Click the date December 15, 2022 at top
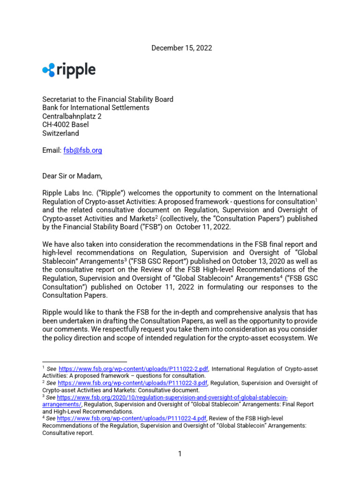pyautogui.click(x=181, y=48)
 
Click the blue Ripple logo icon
pyautogui.click(x=48, y=70)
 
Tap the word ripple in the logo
pyautogui.click(x=76, y=70)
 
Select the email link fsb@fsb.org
pyautogui.click(x=82, y=150)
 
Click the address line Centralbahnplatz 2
pyautogui.click(x=72, y=116)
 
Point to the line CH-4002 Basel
pyautogui.click(x=66, y=125)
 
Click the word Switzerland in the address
pyautogui.click(x=61, y=133)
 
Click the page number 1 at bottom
pyautogui.click(x=180, y=454)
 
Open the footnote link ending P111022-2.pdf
pyautogui.click(x=133, y=369)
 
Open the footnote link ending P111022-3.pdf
pyautogui.click(x=133, y=383)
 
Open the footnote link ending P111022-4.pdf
pyautogui.click(x=133, y=418)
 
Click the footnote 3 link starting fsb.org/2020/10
pyautogui.click(x=172, y=397)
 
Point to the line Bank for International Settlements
pyautogui.click(x=96, y=108)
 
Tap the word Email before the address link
pyautogui.click(x=52, y=150)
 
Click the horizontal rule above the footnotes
pyautogui.click(x=84, y=362)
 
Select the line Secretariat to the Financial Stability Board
pyautogui.click(x=108, y=99)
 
